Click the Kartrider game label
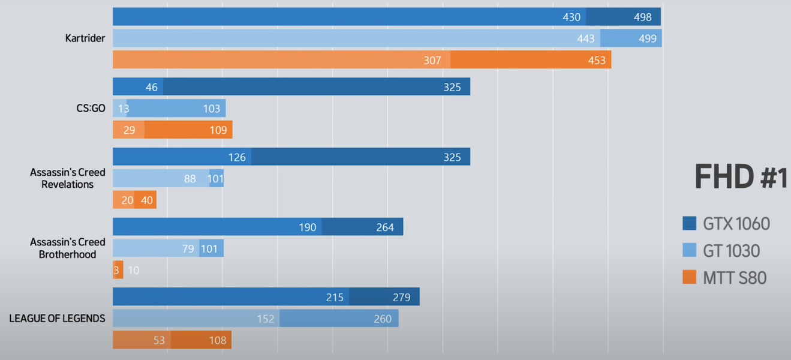(85, 38)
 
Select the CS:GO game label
(91, 109)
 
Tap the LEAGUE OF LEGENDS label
(57, 319)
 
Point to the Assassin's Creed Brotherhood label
(68, 248)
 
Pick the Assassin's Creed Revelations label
(68, 178)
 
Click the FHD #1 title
(740, 178)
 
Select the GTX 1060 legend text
(736, 224)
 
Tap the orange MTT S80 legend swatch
(689, 277)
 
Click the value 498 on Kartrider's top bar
(642, 17)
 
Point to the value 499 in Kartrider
(647, 39)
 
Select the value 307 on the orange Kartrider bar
(432, 61)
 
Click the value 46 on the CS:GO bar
(151, 88)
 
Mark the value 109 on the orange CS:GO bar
(218, 130)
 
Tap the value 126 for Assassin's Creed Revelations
(237, 158)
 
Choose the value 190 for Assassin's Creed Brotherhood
(307, 227)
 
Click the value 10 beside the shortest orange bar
(133, 271)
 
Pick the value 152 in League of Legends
(265, 319)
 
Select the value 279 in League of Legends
(401, 298)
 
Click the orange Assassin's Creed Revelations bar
(134, 200)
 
